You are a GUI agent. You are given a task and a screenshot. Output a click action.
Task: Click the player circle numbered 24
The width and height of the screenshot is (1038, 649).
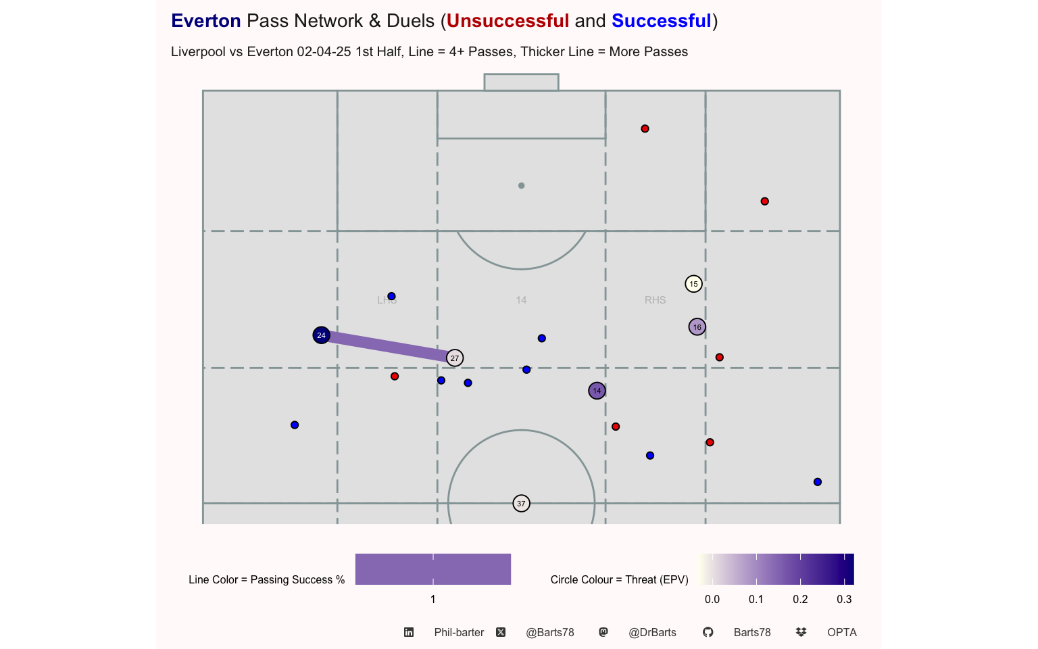321,335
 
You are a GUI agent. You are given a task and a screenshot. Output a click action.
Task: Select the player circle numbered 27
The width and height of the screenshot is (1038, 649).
455,358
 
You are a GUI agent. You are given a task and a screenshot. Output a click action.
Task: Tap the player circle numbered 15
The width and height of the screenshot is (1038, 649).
693,284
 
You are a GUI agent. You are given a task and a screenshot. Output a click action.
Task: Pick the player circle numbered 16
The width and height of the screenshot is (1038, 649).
697,327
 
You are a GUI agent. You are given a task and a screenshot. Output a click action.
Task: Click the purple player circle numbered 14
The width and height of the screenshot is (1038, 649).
597,391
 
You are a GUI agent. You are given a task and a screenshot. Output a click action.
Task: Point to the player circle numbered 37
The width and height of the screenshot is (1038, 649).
521,504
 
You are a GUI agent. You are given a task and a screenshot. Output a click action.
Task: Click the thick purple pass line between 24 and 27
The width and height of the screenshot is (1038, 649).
388,347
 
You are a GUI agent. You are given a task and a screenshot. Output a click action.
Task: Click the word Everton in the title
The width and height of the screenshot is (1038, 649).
205,21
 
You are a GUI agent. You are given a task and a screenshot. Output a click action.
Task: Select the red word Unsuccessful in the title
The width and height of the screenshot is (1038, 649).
508,21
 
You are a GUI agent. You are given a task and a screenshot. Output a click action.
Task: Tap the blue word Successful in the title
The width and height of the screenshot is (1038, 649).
662,21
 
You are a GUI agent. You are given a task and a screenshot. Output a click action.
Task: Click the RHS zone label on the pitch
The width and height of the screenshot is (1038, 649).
656,300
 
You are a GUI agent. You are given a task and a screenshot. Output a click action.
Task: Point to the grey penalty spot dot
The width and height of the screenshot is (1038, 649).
521,185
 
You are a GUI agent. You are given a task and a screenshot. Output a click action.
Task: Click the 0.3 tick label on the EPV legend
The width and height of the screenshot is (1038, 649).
844,600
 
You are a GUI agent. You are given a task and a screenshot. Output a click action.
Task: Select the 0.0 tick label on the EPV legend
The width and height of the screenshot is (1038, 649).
712,600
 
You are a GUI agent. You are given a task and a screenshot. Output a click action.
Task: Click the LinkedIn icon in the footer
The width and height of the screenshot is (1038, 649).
409,632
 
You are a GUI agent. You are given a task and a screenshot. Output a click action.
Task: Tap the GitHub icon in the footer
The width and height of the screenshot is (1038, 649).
708,632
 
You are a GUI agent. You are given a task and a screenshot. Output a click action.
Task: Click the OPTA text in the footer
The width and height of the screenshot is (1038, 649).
842,632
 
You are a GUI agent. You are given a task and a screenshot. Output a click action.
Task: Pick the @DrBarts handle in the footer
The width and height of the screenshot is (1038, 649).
652,632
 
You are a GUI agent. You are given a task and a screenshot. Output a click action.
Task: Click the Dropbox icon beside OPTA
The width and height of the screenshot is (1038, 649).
801,632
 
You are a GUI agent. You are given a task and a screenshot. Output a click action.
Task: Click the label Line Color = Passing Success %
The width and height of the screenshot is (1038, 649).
266,579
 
